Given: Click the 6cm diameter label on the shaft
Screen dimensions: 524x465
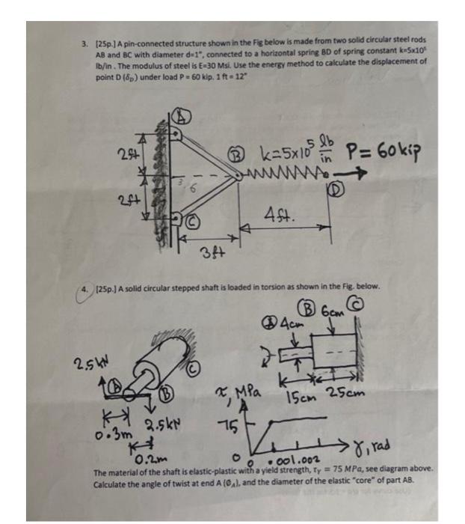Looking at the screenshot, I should (332, 309).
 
